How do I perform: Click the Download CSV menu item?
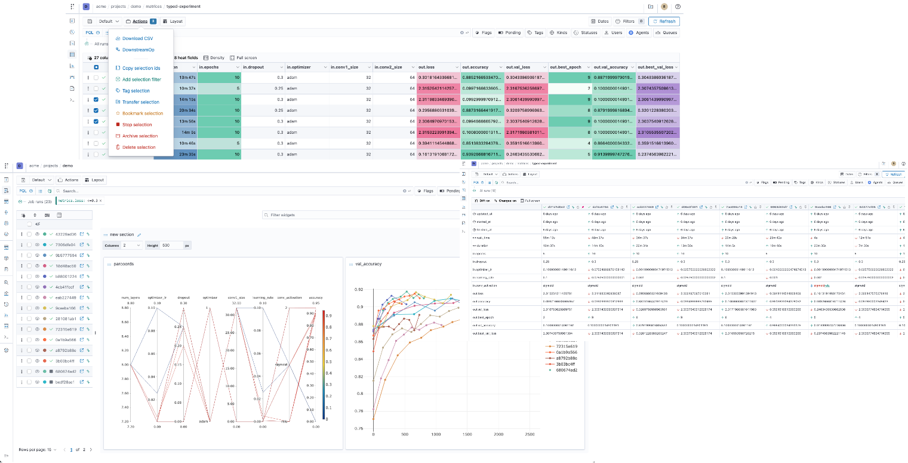click(x=137, y=38)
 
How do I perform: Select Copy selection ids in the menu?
click(x=141, y=68)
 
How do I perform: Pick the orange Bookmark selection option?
click(x=142, y=113)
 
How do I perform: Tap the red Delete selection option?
click(x=138, y=147)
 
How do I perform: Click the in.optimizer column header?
click(x=298, y=67)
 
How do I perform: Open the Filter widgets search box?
click(x=346, y=214)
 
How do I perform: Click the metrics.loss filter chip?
click(x=78, y=201)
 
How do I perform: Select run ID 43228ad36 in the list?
click(x=66, y=234)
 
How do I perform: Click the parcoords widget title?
click(x=124, y=263)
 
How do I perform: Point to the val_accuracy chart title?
click(x=368, y=263)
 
